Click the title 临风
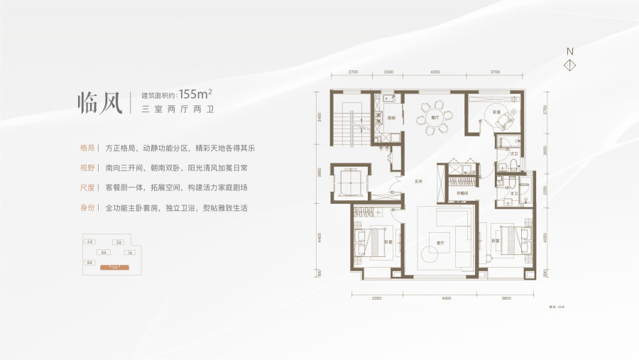pyautogui.click(x=99, y=102)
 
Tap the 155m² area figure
pyautogui.click(x=197, y=94)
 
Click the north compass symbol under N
pyautogui.click(x=569, y=65)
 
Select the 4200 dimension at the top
pyautogui.click(x=435, y=72)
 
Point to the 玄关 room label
pyautogui.click(x=419, y=180)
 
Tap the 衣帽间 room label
pyautogui.click(x=461, y=193)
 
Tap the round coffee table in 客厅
pyautogui.click(x=431, y=254)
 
